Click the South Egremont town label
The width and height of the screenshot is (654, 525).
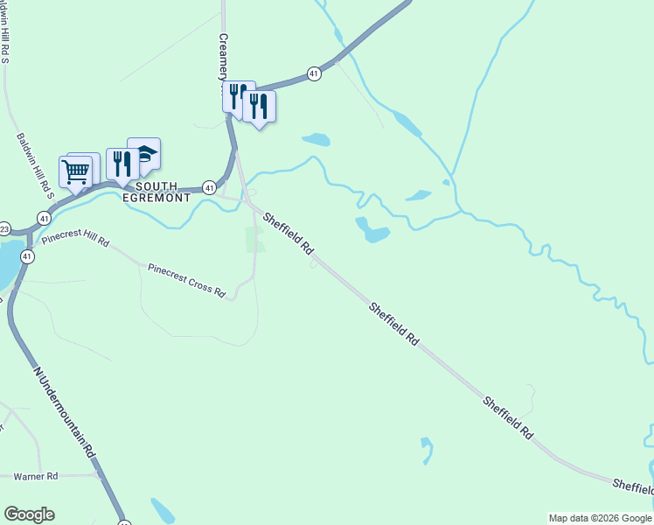pyautogui.click(x=157, y=192)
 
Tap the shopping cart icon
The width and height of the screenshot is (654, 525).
pyautogui.click(x=77, y=172)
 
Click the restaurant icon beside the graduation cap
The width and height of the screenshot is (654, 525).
pyautogui.click(x=122, y=164)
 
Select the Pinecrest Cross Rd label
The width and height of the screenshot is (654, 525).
pyautogui.click(x=186, y=280)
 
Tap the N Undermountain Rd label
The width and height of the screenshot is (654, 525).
pyautogui.click(x=64, y=411)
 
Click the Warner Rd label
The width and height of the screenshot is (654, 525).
pyautogui.click(x=36, y=477)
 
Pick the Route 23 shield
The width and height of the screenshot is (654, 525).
pyautogui.click(x=3, y=228)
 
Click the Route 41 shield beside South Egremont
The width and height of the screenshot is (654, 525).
pyautogui.click(x=209, y=187)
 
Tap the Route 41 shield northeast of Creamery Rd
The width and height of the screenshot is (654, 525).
pyautogui.click(x=314, y=74)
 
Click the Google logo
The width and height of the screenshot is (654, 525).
pyautogui.click(x=29, y=514)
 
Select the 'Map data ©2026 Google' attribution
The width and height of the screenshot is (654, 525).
pyautogui.click(x=600, y=518)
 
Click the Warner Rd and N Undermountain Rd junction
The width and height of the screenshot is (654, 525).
pyautogui.click(x=99, y=475)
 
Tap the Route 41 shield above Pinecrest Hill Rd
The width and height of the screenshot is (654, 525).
pyautogui.click(x=44, y=217)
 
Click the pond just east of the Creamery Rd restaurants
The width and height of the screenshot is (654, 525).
pyautogui.click(x=316, y=139)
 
